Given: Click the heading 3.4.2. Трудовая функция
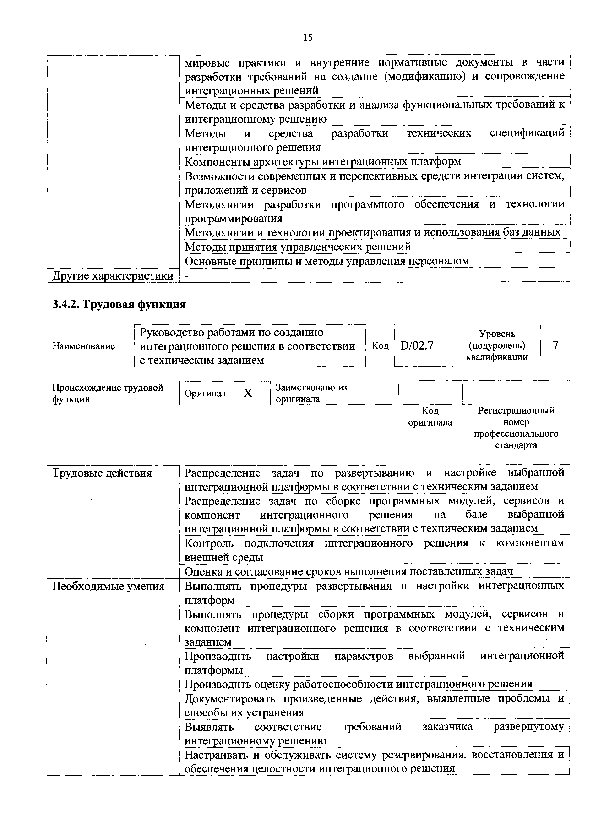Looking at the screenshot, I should [119, 304].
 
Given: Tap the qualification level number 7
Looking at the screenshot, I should [555, 345].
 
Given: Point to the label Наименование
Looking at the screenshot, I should [83, 346].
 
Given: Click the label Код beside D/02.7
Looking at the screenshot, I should [380, 346].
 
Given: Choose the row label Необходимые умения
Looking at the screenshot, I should [108, 586].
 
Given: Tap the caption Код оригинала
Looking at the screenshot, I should [430, 417].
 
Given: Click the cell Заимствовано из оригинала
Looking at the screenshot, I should [311, 393].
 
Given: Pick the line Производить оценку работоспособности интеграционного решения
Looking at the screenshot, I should [358, 684].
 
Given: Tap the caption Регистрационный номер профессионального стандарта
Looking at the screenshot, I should [516, 428].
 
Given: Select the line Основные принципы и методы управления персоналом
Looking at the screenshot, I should [327, 261].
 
